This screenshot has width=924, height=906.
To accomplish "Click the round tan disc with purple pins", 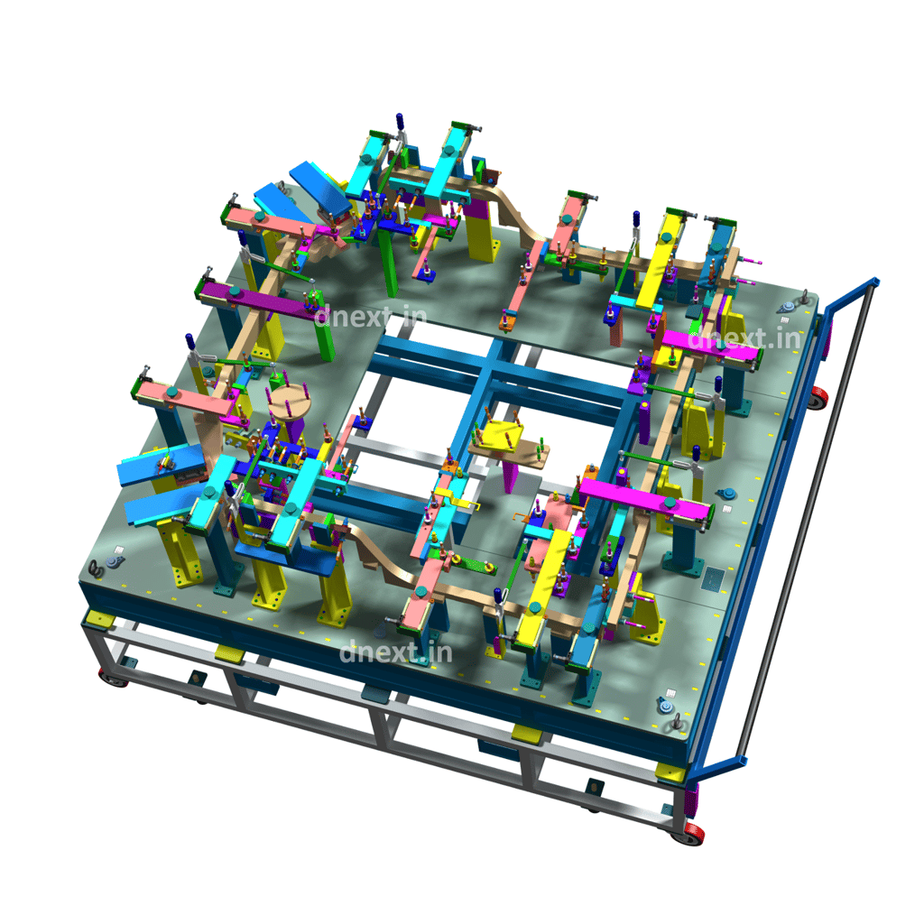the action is (x=290, y=402).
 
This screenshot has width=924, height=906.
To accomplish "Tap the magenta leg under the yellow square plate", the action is (x=510, y=476).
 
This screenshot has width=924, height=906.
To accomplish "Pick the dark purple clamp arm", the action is (x=258, y=300).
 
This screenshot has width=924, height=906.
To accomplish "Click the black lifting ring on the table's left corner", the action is (x=95, y=569).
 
